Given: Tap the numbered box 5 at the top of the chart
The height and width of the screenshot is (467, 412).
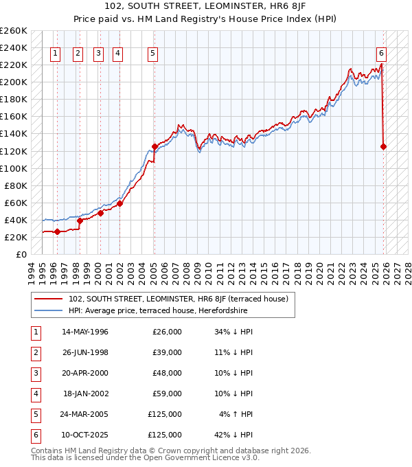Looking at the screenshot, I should pyautogui.click(x=152, y=53).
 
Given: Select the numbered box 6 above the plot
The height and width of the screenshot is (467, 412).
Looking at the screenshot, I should pyautogui.click(x=381, y=53).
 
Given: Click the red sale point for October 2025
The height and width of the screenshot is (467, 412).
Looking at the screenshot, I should pyautogui.click(x=383, y=146).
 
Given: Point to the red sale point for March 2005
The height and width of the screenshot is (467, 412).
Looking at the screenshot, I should pyautogui.click(x=154, y=146).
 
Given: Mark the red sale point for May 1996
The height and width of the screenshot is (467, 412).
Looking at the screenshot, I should pyautogui.click(x=57, y=231).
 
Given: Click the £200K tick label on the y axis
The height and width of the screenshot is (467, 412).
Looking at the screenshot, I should pyautogui.click(x=14, y=82).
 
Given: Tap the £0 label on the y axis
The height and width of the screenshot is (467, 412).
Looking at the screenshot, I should pyautogui.click(x=21, y=254).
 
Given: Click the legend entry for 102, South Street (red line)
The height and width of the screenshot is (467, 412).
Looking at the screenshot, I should pyautogui.click(x=182, y=299).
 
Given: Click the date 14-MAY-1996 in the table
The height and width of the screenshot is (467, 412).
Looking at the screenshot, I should pyautogui.click(x=85, y=332).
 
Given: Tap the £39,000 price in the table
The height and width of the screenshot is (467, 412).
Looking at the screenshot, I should pyautogui.click(x=167, y=352).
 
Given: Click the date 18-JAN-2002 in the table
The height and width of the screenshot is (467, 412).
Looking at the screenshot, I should pyautogui.click(x=85, y=394).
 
